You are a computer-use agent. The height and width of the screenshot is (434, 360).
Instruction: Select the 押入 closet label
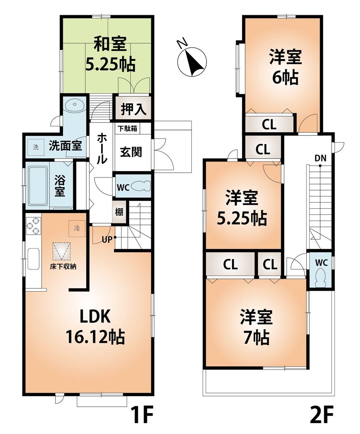[x=132, y=108]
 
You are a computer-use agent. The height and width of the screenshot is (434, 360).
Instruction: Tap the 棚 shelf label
[x=119, y=212]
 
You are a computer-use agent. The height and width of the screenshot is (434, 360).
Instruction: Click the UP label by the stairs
[x=108, y=238]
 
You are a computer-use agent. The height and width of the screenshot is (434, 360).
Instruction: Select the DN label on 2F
[x=320, y=158]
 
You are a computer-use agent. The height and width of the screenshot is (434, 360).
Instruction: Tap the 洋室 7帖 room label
[x=256, y=327]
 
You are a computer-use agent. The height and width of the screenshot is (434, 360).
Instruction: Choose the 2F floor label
[x=322, y=417]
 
